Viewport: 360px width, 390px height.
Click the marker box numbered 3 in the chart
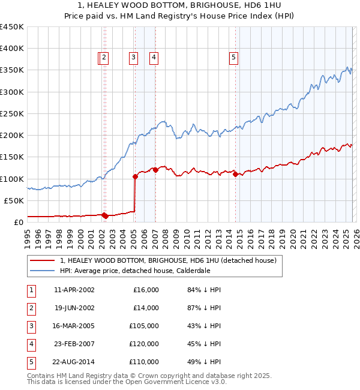pos(133,58)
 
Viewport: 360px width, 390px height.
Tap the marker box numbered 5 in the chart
pos(233,58)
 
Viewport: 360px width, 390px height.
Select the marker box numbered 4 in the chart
pos(154,58)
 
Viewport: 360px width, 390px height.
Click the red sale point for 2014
pos(235,174)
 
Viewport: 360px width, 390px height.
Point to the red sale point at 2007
pos(155,170)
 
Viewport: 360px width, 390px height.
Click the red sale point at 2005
pos(135,176)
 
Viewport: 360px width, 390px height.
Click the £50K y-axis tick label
pos(14,200)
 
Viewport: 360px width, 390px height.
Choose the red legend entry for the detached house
pos(168,260)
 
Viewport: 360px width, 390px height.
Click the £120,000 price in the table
pos(144,344)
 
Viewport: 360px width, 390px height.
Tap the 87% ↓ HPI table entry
pos(205,308)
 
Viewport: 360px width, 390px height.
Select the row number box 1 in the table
pos(29,290)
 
